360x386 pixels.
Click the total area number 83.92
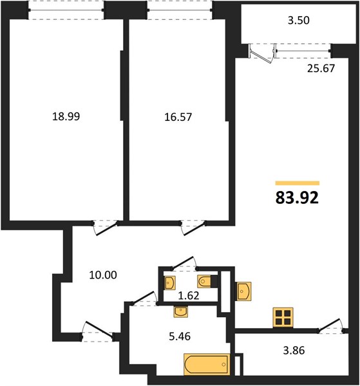297,198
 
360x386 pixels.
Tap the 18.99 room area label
66,116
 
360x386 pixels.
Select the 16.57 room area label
178,117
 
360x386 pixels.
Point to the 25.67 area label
321,68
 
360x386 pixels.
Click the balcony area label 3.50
299,20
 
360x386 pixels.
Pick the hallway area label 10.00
103,275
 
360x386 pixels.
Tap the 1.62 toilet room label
189,295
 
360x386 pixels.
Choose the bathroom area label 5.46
180,336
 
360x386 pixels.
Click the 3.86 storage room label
294,350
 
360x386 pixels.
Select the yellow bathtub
207,365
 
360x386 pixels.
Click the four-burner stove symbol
283,318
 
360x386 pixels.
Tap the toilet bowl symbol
204,281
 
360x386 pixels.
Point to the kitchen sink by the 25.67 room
244,291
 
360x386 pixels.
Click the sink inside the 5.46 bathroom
180,312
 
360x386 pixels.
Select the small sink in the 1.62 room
169,282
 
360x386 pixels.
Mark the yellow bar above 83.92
298,183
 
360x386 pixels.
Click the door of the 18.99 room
106,228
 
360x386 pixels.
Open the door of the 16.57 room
194,228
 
